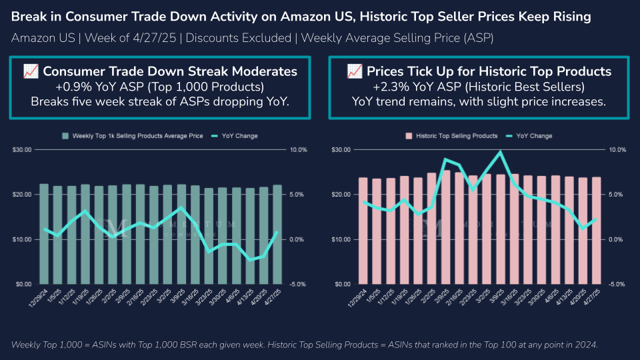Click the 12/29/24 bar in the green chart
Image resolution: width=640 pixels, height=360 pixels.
point(44,233)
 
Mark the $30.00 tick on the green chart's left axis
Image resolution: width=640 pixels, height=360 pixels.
point(21,150)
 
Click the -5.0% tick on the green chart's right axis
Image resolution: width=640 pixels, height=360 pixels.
point(297,284)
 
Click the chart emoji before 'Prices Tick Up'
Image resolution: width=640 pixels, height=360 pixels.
point(355,71)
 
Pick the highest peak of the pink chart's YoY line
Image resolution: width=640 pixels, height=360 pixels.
point(501,152)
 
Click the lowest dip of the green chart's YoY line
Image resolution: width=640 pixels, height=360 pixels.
point(250,259)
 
